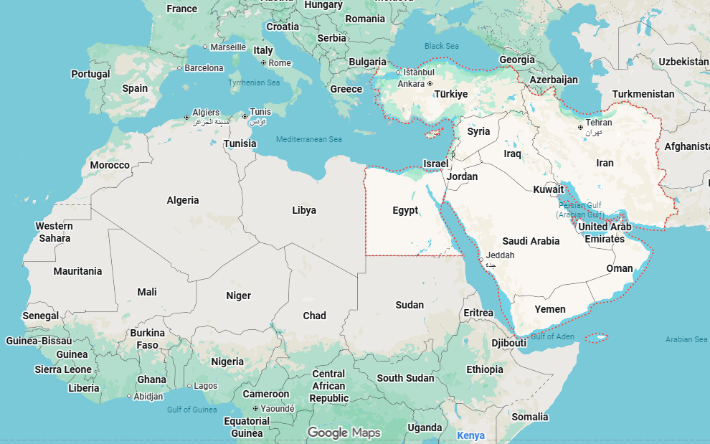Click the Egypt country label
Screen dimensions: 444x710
(405, 210)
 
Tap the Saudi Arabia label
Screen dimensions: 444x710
(531, 241)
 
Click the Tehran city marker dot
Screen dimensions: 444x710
(581, 128)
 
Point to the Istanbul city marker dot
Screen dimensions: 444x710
(399, 72)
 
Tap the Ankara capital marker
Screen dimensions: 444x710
(430, 84)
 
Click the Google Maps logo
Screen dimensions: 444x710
(344, 433)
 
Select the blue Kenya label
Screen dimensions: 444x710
(470, 435)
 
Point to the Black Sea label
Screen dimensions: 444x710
(441, 46)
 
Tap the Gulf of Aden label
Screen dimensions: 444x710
(552, 336)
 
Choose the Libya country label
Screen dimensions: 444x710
(304, 210)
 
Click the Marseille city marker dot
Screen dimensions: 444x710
(205, 47)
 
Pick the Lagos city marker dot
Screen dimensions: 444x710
(189, 386)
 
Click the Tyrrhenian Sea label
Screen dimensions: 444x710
(254, 82)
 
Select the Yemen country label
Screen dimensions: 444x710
(550, 309)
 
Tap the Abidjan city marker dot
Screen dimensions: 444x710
(129, 396)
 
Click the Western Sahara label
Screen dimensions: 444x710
(55, 232)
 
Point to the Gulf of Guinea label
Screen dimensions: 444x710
(191, 410)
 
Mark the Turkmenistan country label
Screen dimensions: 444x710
(643, 94)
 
